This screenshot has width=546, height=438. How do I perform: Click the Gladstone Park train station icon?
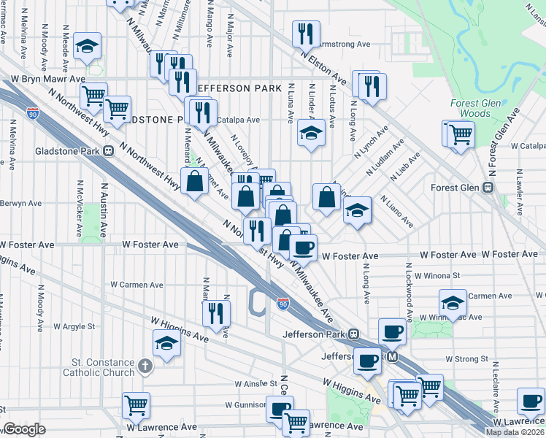(x=107, y=152)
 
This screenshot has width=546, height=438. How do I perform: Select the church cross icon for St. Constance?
(x=145, y=364)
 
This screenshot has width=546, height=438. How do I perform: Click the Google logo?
(x=24, y=429)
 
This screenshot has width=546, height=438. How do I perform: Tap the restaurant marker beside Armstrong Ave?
(x=305, y=34)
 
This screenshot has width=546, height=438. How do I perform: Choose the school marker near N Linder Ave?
(x=311, y=134)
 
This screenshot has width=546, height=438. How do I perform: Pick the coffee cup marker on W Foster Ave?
(x=303, y=247)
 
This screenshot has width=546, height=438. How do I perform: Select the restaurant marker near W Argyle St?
(x=217, y=312)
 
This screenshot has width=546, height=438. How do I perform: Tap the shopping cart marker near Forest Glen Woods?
(x=460, y=134)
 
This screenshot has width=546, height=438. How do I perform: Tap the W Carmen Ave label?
(x=136, y=285)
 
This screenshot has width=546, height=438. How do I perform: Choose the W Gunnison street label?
(x=229, y=404)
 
